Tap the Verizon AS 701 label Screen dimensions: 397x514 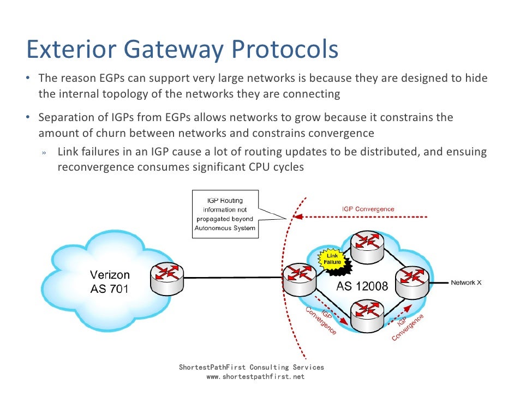pos(110,282)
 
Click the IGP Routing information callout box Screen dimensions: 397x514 pos(225,214)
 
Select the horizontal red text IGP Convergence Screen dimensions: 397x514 pos(368,209)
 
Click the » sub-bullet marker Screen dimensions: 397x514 pos(44,153)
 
